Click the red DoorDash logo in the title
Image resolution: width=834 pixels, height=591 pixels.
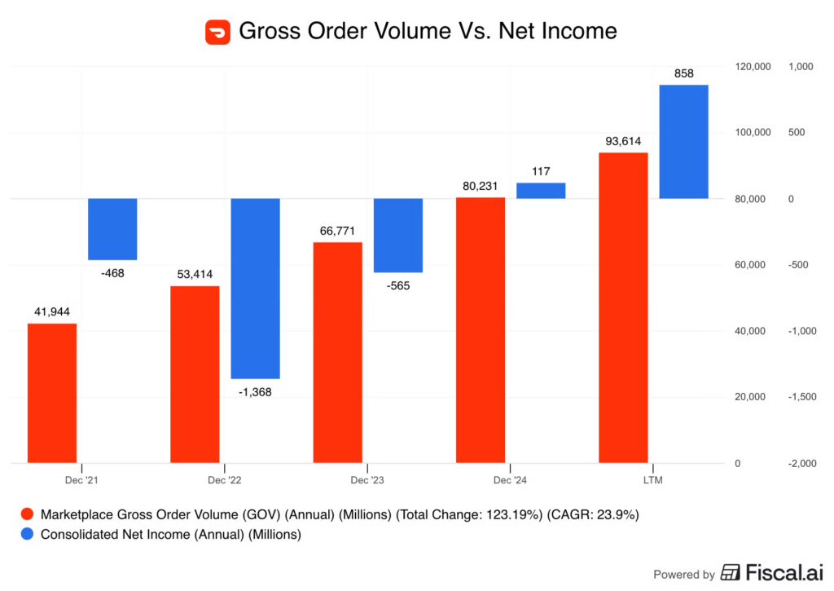(x=217, y=32)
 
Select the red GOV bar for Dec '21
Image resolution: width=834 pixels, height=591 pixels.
(x=52, y=393)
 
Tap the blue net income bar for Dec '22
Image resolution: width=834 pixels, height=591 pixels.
(x=256, y=288)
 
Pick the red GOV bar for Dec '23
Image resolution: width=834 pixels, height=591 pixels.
(x=337, y=352)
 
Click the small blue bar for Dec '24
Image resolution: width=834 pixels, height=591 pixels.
(x=541, y=191)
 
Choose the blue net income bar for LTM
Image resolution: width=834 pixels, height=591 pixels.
(x=683, y=142)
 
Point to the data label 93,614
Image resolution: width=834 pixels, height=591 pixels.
(x=622, y=141)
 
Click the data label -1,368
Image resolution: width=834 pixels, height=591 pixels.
(x=256, y=392)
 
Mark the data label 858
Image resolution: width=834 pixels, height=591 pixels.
(x=684, y=73)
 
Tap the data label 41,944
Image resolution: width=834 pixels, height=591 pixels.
(x=52, y=312)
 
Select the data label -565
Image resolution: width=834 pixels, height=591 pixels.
(x=398, y=285)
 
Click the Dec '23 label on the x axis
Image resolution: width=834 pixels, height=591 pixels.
(x=367, y=480)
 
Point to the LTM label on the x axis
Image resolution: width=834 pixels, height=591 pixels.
(x=652, y=480)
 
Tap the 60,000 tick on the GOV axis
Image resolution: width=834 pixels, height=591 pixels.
(x=750, y=265)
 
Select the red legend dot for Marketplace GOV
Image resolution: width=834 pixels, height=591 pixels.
(x=27, y=514)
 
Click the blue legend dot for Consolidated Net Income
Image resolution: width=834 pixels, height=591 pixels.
(x=27, y=535)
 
